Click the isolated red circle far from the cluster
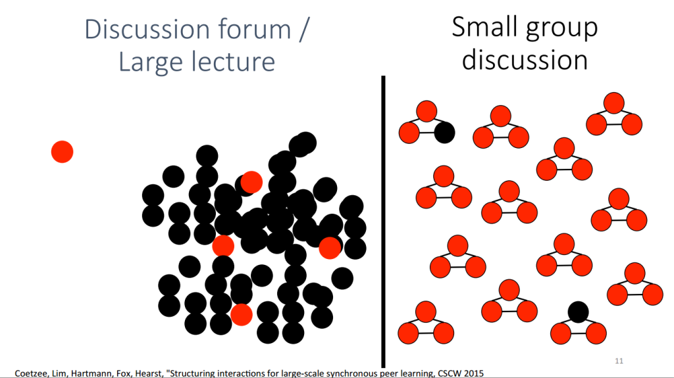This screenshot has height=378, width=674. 63,152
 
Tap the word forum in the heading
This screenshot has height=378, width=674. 255,29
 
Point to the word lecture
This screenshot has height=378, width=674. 233,61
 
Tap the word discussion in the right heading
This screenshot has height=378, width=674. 525,59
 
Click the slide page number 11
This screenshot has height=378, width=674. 619,361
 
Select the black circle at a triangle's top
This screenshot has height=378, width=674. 578,312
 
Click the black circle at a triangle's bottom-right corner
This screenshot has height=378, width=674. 444,132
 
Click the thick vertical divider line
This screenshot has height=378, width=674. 384,222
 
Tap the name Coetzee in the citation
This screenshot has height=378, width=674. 30,373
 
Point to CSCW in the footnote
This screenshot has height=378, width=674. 452,373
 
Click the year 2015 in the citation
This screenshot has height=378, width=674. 475,373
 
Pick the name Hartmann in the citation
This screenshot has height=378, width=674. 92,373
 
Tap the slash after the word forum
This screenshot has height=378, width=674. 304,29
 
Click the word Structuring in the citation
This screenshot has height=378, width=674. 193,373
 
